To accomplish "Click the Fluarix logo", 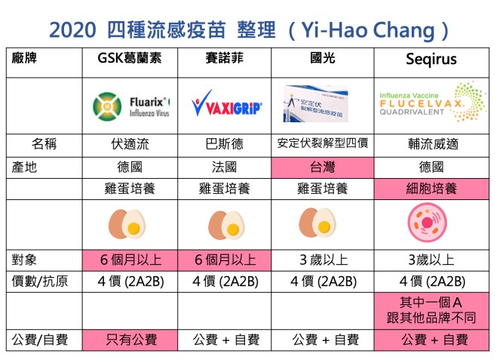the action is (x=131, y=106).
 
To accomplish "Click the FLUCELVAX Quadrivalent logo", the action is (x=433, y=102).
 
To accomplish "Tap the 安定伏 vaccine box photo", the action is (x=316, y=103).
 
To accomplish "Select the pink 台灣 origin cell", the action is (x=322, y=168).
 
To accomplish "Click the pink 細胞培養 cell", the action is (x=431, y=189).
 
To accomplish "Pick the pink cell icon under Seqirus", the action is (x=428, y=223).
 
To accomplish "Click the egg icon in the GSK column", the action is (x=127, y=224).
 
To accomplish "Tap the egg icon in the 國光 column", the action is (x=317, y=223).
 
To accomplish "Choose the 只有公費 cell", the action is (x=130, y=340).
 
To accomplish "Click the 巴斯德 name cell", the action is (x=225, y=144).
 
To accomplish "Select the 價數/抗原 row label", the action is (x=40, y=282).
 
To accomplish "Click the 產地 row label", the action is (x=24, y=168).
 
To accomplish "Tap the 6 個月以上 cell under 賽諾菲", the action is (x=225, y=260).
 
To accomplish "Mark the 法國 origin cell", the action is (x=225, y=168).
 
